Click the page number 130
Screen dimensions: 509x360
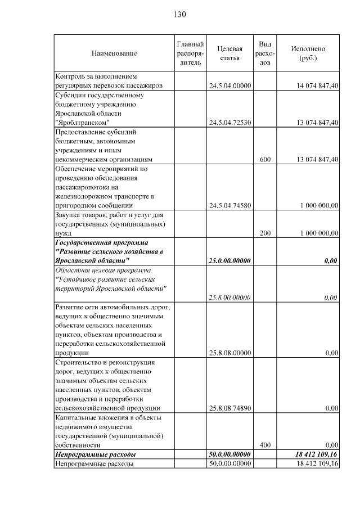point(179,14)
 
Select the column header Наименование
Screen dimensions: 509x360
point(114,53)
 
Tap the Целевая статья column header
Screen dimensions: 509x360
point(229,53)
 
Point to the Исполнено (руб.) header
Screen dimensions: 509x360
point(308,53)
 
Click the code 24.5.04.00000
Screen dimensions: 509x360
point(229,86)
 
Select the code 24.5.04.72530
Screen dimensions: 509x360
point(229,123)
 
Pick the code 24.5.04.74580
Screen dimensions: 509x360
point(229,206)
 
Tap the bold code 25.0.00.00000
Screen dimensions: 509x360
point(229,261)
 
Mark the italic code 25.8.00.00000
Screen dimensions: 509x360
point(229,298)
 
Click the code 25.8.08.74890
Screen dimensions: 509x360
point(229,408)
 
